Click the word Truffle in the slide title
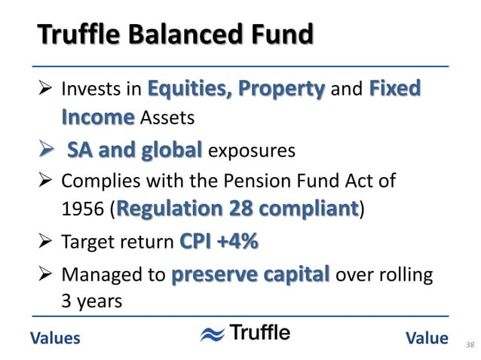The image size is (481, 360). [x=75, y=35]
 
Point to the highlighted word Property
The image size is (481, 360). [x=281, y=90]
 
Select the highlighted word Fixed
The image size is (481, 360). [x=395, y=90]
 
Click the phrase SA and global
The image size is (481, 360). [x=134, y=150]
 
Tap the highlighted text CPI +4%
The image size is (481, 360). [x=219, y=243]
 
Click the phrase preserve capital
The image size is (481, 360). [x=250, y=273]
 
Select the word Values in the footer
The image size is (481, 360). [x=55, y=338]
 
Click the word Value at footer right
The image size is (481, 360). [x=426, y=338]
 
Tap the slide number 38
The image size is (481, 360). [x=470, y=345]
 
